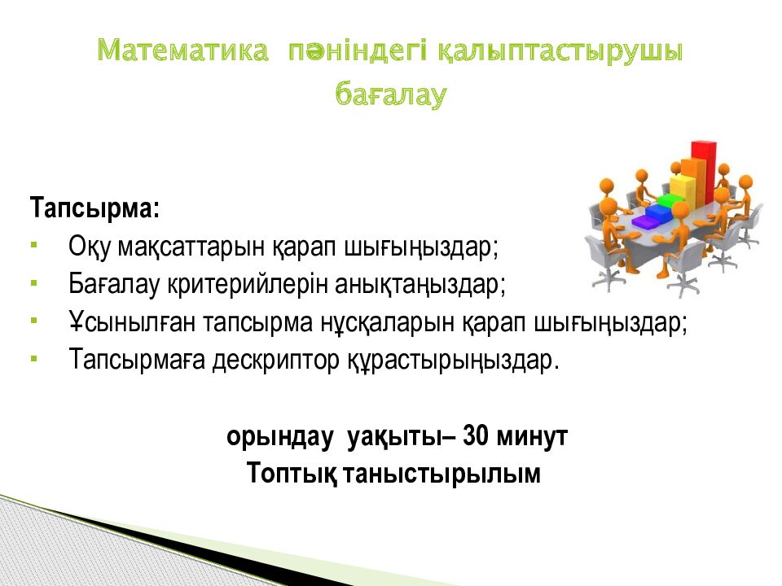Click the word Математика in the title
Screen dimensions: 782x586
click(x=182, y=50)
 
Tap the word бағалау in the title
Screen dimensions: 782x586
click(x=390, y=94)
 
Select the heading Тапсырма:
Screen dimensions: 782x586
click(x=94, y=208)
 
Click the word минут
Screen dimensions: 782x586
click(x=533, y=436)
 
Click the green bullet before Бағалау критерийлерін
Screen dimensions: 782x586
click(x=34, y=283)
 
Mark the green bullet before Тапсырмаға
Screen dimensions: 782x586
click(x=34, y=358)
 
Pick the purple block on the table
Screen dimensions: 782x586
click(x=646, y=221)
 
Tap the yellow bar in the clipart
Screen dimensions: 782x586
click(x=683, y=187)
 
